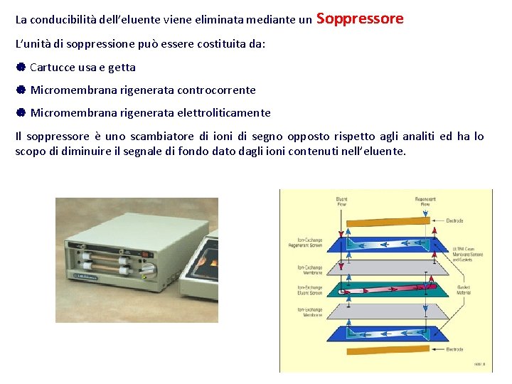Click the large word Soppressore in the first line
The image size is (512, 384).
[x=359, y=19]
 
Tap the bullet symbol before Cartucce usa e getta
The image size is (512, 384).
[x=21, y=68]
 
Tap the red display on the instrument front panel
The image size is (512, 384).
[x=146, y=253]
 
